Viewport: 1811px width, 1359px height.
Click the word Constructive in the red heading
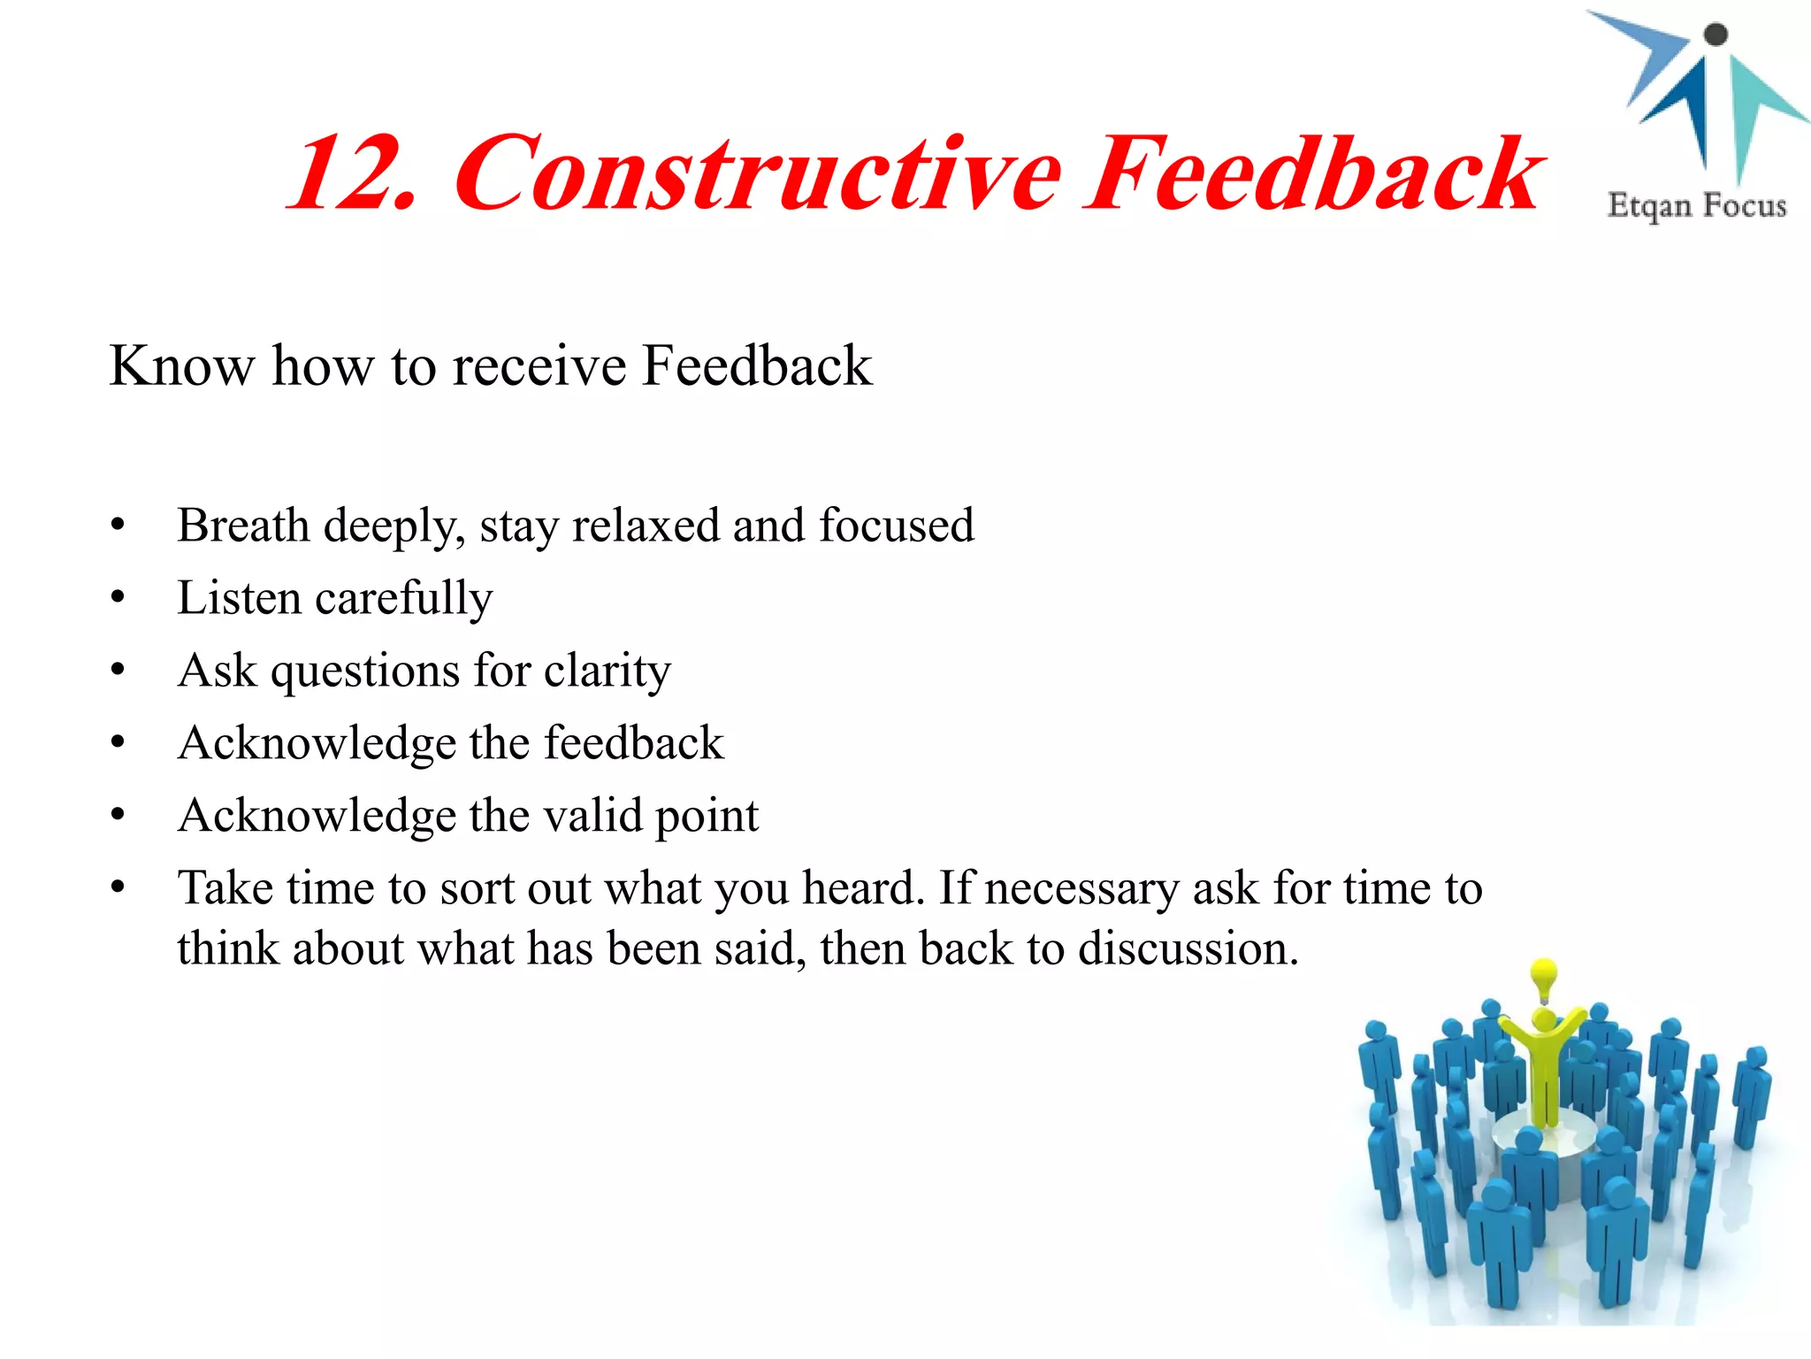[757, 174]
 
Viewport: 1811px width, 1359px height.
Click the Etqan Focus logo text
[1697, 205]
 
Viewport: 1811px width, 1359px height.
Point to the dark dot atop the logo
[1715, 35]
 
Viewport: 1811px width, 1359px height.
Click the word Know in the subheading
[181, 365]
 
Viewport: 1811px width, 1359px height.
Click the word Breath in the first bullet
[242, 526]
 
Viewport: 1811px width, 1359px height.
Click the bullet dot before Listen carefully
[118, 598]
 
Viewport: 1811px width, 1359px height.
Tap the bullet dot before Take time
[118, 887]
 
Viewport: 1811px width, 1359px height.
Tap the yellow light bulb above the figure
[1544, 978]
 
